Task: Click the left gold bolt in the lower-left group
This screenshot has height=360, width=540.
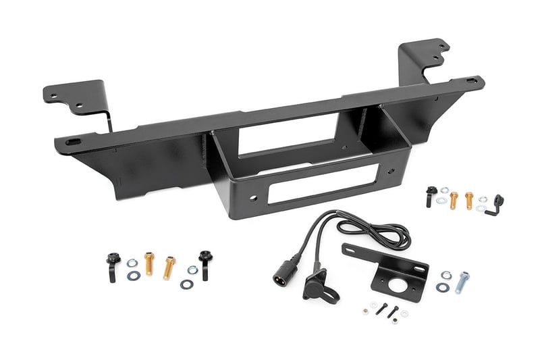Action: pyautogui.click(x=149, y=262)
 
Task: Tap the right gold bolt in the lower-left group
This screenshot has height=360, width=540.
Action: pyautogui.click(x=169, y=266)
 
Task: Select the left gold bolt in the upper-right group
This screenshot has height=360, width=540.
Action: pyautogui.click(x=454, y=199)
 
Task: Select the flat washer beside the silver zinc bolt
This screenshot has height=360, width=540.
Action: pyautogui.click(x=443, y=288)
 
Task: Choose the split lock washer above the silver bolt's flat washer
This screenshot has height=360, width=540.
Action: pyautogui.click(x=446, y=275)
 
